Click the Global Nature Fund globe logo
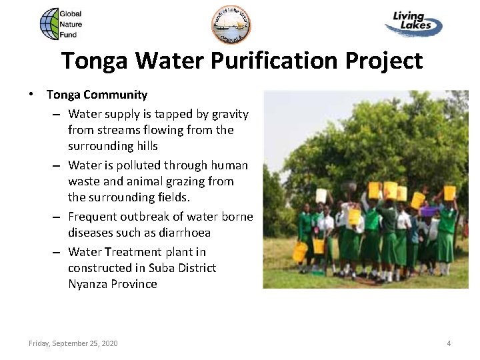point(50,24)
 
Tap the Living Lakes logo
point(413,24)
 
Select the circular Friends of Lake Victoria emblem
point(233,25)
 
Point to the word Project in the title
point(383,61)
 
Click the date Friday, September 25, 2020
point(73,343)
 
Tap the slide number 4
point(449,343)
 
